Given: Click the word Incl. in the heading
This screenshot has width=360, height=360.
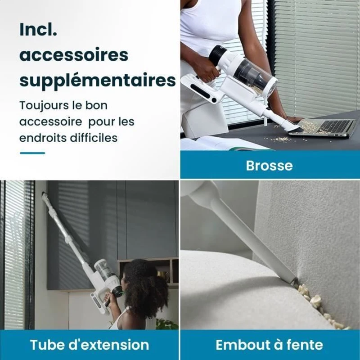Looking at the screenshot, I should pos(38,29).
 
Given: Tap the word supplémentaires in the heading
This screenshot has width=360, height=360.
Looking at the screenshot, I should pos(97,81).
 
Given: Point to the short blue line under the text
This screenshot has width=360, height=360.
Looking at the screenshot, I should pos(32,153).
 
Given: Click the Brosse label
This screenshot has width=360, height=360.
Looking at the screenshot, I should pos(269,165).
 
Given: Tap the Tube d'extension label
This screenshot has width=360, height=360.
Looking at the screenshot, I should pos(89,345).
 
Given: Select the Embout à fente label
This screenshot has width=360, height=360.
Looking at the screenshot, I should pos(269,345).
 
